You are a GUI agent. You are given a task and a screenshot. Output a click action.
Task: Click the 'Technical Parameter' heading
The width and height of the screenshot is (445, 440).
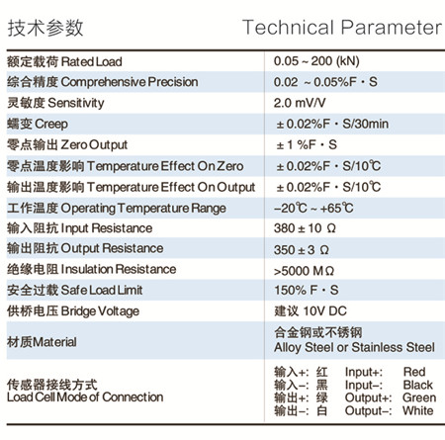342,28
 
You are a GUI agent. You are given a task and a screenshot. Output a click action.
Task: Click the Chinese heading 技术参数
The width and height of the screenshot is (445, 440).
45,28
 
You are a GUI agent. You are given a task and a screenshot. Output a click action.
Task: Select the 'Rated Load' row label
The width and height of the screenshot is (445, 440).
91,61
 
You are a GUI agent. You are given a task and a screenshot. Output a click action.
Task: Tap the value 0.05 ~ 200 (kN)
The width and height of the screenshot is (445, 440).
316,61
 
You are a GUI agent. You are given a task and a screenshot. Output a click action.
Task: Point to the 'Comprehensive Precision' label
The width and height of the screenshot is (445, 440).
130,82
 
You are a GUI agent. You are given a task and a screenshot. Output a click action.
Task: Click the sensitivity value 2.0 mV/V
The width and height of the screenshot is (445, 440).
300,103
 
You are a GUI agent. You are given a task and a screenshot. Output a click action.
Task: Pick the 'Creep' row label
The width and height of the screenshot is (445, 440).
51,125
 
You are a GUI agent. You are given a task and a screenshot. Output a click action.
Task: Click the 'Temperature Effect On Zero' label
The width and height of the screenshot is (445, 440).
165,166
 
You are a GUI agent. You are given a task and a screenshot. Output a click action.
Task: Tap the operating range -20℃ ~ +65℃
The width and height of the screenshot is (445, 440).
313,208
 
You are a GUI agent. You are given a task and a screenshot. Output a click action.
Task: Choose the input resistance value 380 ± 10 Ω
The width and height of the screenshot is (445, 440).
305,228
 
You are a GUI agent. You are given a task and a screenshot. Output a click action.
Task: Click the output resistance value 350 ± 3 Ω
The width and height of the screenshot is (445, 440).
302,250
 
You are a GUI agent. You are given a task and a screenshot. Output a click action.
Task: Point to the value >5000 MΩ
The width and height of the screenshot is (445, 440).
304,271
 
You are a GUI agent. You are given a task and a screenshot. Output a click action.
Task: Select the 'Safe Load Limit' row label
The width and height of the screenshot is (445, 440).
102,291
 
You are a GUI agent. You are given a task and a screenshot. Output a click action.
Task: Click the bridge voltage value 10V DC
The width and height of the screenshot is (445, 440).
324,310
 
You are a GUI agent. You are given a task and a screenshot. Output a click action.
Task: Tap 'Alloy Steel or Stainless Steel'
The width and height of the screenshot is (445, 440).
354,347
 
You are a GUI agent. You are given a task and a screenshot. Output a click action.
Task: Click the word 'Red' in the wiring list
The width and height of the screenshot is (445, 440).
414,372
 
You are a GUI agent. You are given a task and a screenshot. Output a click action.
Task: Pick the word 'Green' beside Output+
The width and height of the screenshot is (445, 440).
419,397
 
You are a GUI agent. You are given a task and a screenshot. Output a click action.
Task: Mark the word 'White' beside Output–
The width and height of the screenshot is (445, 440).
418,410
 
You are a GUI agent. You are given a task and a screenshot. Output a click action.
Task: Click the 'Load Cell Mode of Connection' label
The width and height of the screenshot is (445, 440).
85,397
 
